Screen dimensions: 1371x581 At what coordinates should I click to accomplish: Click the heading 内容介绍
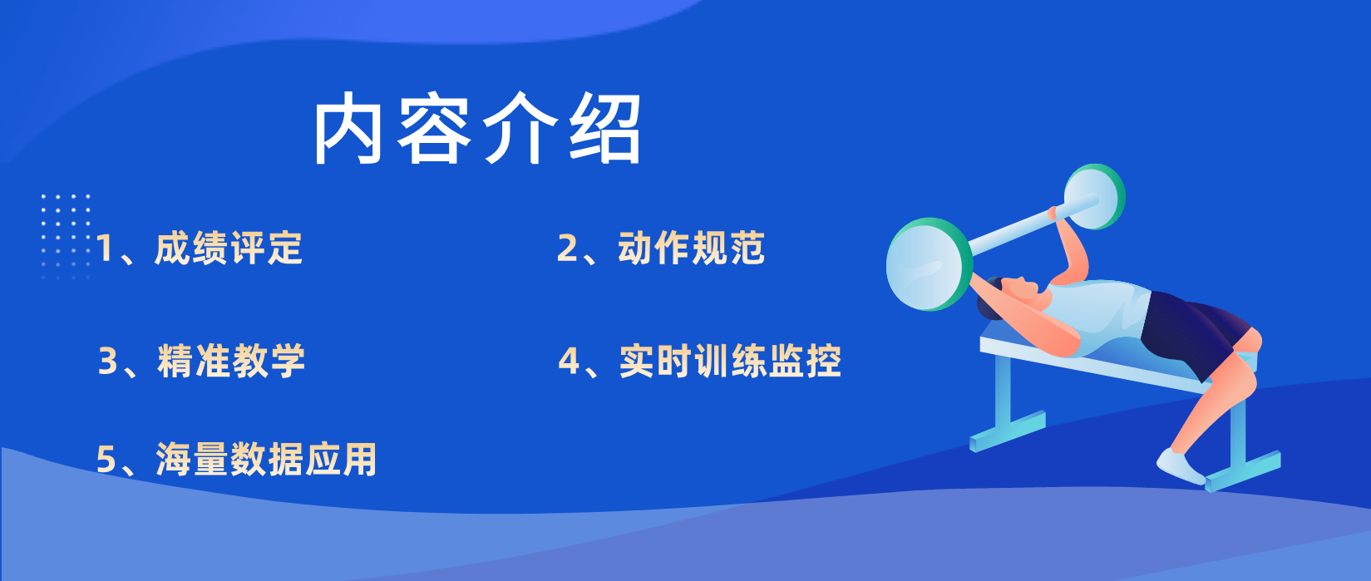pos(476,129)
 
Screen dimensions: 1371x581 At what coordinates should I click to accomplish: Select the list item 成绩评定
pos(229,249)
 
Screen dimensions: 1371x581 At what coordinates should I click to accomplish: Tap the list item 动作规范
pos(691,248)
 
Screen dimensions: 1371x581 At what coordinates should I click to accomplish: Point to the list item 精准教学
pos(231,361)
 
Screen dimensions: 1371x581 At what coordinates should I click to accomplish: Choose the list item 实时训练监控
pos(730,361)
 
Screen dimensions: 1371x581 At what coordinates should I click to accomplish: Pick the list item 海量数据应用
pos(266,459)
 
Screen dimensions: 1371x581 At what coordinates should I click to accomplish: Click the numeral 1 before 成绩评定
pos(105,249)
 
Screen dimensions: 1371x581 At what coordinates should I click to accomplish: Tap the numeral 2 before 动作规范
pos(567,249)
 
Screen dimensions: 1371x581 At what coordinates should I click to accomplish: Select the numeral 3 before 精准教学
pos(108,361)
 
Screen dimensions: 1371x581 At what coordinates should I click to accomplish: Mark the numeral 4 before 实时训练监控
pos(569,361)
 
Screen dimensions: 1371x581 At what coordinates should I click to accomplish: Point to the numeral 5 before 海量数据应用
pos(106,460)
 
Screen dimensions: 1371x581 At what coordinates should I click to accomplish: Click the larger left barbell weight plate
pos(930,264)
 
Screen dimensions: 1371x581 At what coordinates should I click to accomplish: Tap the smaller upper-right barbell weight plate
pos(1094,197)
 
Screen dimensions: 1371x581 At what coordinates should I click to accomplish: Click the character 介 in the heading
pos(520,129)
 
